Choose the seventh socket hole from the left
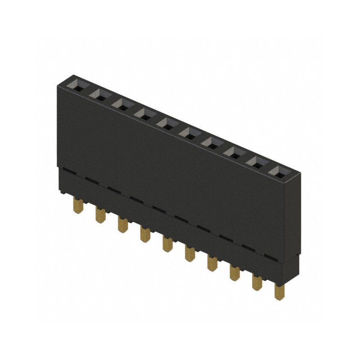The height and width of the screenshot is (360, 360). [212, 142]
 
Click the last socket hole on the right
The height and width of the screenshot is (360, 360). [280, 171]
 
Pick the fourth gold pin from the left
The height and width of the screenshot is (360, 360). [145, 234]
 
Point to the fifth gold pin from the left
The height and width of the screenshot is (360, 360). [167, 243]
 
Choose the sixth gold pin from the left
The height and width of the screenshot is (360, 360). [189, 253]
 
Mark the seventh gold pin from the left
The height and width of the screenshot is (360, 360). [212, 263]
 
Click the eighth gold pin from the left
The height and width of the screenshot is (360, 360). [234, 272]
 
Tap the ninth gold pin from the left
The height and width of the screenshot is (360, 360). [257, 282]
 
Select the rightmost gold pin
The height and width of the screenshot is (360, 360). [279, 291]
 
